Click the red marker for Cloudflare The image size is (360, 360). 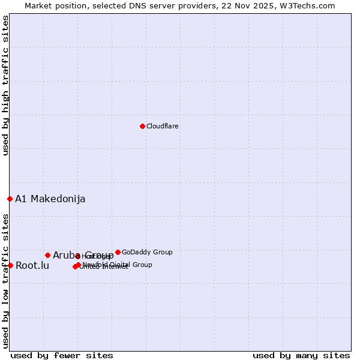(x=142, y=126)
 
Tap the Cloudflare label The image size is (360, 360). (x=163, y=126)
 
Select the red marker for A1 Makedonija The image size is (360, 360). (x=10, y=199)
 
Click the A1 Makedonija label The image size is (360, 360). (x=50, y=199)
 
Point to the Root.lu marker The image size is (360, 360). (x=10, y=265)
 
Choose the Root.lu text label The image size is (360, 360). (x=32, y=265)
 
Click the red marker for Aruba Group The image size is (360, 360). (x=47, y=255)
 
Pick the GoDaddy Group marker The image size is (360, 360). (x=118, y=252)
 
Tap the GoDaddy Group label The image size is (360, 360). (x=147, y=252)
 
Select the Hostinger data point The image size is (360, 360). (x=77, y=256)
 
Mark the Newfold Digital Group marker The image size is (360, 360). (x=78, y=265)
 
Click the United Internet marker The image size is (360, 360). (x=75, y=266)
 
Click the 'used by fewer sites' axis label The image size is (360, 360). (x=62, y=355)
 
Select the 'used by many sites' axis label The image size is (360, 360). (x=301, y=355)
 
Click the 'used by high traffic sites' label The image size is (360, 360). (x=5, y=85)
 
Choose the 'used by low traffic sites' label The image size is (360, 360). (x=5, y=280)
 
